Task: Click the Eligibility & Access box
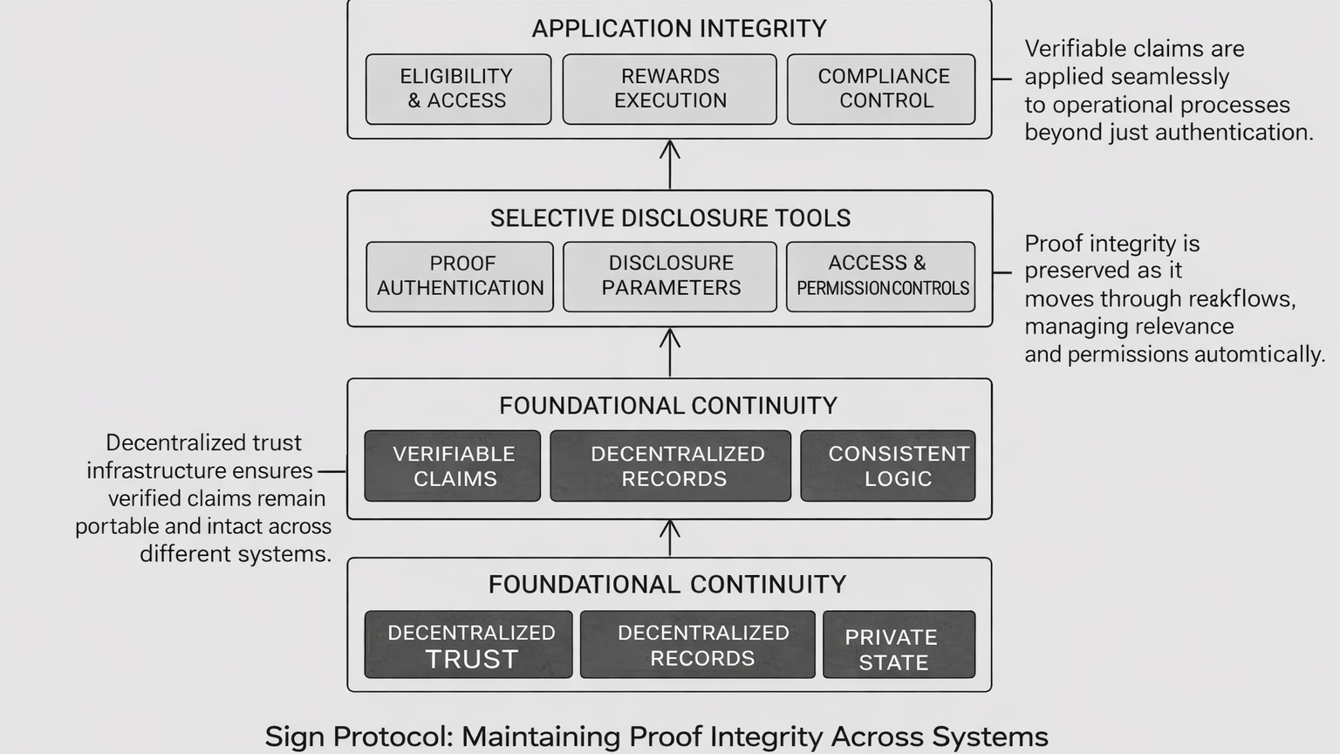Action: tap(458, 89)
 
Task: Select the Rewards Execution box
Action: tap(669, 89)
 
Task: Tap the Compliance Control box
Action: tap(881, 89)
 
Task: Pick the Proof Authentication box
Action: tap(460, 277)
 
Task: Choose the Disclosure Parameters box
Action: tap(669, 277)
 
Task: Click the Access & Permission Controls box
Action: tap(880, 277)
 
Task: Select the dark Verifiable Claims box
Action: tap(453, 466)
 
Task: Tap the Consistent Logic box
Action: tap(888, 466)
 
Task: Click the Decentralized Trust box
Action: tap(468, 645)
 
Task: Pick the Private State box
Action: tap(899, 645)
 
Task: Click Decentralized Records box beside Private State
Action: tap(698, 645)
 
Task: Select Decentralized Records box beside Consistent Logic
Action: tap(670, 466)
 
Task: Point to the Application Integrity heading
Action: tap(679, 29)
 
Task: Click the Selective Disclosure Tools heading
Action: tap(670, 218)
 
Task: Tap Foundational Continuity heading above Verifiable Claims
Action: tap(668, 406)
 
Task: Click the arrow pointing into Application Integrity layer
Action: tap(670, 164)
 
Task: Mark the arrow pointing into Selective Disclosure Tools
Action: tap(670, 352)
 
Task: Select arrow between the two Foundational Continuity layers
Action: tap(670, 538)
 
